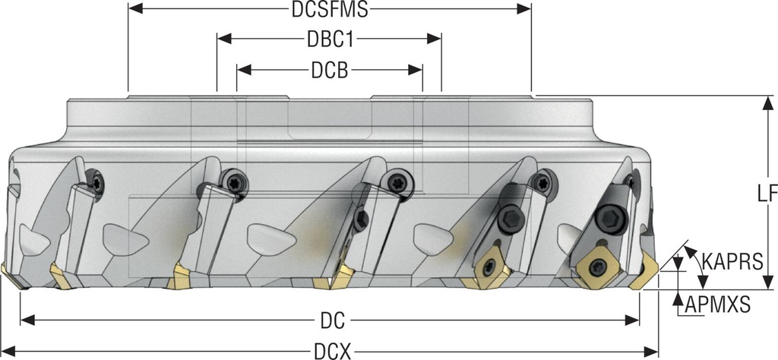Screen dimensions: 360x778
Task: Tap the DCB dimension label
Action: pyautogui.click(x=329, y=70)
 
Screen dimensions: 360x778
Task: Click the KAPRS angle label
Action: pyautogui.click(x=732, y=261)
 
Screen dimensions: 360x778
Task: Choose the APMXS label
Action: pyautogui.click(x=717, y=305)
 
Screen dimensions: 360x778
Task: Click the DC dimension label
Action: pyautogui.click(x=329, y=321)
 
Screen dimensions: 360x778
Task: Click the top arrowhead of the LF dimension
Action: pyautogui.click(x=765, y=102)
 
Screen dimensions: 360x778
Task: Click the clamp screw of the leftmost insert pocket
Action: pyautogui.click(x=97, y=182)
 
